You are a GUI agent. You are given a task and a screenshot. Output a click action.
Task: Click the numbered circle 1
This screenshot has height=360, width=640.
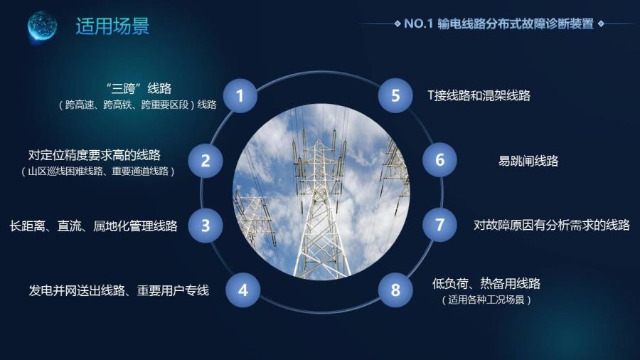tap(240, 96)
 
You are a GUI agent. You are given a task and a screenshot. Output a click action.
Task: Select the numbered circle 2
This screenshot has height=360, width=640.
tap(206, 160)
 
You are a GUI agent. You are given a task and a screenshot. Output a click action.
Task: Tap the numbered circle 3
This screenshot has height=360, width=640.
tap(206, 226)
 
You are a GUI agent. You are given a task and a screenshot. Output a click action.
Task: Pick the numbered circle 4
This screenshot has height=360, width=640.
tap(243, 290)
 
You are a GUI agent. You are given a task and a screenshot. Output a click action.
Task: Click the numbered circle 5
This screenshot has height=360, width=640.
tap(395, 95)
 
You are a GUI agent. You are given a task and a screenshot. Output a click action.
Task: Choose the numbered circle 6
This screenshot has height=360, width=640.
tap(439, 159)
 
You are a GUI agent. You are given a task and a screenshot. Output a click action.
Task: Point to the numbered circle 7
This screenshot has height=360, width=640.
tap(439, 225)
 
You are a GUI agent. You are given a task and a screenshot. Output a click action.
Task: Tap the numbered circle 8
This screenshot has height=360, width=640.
tap(395, 290)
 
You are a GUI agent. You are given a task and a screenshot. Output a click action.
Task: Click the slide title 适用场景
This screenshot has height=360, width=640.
tap(112, 26)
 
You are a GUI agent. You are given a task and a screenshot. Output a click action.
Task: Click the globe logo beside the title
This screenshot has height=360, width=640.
tap(42, 26)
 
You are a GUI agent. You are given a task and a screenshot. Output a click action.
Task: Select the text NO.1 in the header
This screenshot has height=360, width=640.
tap(418, 23)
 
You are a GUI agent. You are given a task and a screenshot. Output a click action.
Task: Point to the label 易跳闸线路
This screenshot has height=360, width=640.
tap(528, 161)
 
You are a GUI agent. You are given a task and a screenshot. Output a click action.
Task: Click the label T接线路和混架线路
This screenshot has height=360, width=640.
tap(479, 95)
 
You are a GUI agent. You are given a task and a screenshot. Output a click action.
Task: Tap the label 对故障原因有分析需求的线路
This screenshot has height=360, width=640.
tap(551, 225)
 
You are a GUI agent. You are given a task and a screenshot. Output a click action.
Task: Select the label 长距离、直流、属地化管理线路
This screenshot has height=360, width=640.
tap(93, 226)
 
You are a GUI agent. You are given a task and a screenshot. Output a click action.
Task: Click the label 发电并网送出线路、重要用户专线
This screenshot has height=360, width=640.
tap(119, 290)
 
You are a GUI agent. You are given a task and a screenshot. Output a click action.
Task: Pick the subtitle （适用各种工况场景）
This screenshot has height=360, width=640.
tap(486, 300)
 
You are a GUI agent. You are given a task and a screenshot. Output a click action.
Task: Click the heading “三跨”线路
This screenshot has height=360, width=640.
tap(139, 88)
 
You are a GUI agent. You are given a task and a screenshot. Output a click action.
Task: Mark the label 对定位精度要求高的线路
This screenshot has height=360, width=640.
tap(95, 155)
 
